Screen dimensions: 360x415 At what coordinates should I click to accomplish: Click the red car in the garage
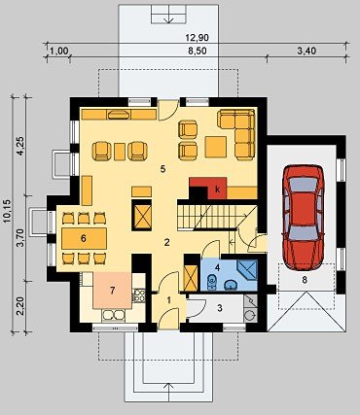[x=304, y=217]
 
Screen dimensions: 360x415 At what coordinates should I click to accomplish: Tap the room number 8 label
[x=305, y=280]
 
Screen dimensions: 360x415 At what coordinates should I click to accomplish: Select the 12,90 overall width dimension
[x=197, y=38]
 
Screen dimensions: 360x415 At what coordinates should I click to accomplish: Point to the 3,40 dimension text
[x=306, y=51]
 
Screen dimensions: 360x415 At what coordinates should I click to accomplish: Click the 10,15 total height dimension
[x=7, y=211]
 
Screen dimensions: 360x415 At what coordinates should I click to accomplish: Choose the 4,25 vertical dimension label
[x=20, y=146]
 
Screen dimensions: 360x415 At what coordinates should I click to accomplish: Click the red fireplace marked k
[x=210, y=189]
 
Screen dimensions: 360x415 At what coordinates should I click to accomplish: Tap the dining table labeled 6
[x=84, y=238]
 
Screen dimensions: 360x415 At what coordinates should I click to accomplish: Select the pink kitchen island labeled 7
[x=112, y=291]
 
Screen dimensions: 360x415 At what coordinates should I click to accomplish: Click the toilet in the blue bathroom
[x=212, y=282]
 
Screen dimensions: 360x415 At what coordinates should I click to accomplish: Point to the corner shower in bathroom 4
[x=247, y=269]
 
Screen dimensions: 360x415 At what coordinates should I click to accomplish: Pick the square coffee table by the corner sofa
[x=215, y=147]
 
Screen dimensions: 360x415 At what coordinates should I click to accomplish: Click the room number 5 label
[x=163, y=168]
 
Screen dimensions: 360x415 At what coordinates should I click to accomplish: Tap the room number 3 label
[x=220, y=308]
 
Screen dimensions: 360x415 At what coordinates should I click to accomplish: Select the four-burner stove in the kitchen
[x=139, y=295]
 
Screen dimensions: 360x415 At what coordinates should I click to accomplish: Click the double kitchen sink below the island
[x=113, y=315]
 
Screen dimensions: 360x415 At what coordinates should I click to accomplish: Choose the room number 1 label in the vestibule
[x=168, y=300]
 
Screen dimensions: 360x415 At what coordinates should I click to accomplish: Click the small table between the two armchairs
[x=120, y=152]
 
